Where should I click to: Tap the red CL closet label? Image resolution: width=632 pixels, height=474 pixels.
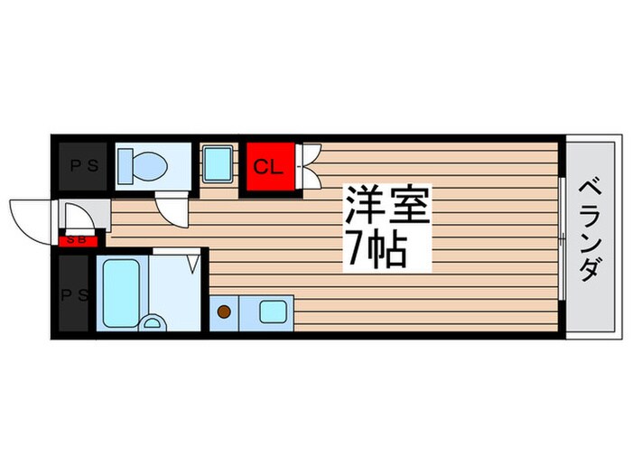(265, 167)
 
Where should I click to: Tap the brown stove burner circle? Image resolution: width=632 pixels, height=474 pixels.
(224, 312)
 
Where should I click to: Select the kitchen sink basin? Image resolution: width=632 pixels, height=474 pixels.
(272, 312)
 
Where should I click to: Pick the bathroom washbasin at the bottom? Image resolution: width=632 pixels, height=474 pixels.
(153, 322)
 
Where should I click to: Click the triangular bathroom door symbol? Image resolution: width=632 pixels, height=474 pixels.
(191, 263)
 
